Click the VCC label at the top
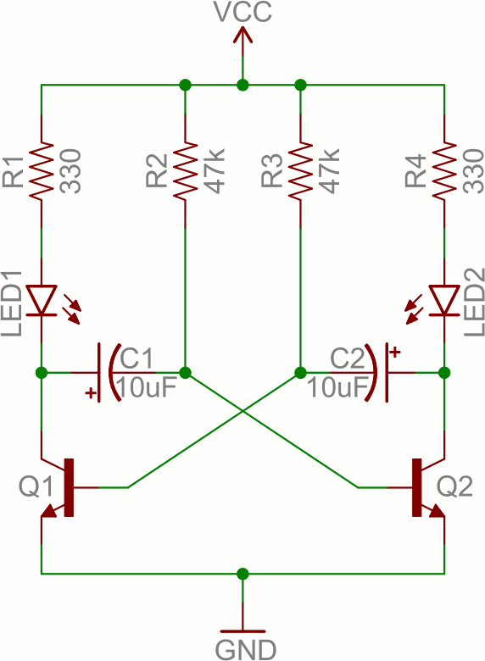(x=242, y=11)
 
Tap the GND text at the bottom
(x=246, y=650)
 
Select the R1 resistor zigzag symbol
(x=42, y=171)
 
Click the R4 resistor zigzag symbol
(x=444, y=171)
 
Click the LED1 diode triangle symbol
(x=42, y=300)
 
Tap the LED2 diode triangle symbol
(x=444, y=300)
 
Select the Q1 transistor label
(x=36, y=486)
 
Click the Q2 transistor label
(x=454, y=486)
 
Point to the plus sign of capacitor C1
(x=90, y=393)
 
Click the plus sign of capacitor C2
(x=395, y=352)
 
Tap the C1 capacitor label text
(x=137, y=359)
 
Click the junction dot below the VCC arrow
(x=242, y=85)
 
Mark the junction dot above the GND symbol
(x=242, y=574)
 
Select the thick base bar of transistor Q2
(x=416, y=487)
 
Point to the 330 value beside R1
(x=70, y=170)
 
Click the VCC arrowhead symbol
(x=242, y=35)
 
